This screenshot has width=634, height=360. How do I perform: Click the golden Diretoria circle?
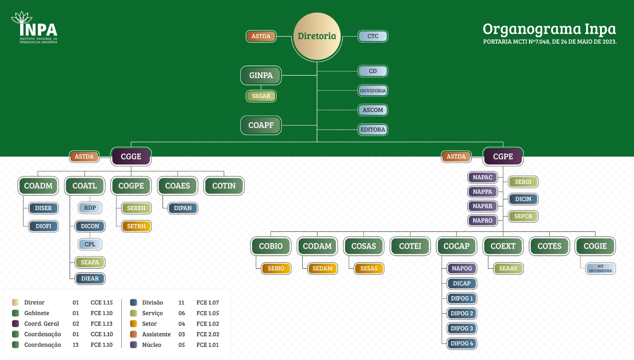317,36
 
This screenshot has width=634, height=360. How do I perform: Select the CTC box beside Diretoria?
372,36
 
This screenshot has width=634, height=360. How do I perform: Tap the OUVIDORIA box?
372,91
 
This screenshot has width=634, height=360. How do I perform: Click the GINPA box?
261,75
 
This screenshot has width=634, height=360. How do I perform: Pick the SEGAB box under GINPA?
261,96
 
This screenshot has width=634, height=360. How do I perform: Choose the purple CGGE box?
131,157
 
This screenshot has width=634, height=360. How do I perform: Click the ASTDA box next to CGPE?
456,157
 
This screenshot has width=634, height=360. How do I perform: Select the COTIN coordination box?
224,186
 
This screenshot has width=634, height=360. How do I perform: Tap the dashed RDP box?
90,208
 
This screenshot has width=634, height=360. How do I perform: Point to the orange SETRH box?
136,226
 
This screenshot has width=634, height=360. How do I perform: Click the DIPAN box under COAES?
183,208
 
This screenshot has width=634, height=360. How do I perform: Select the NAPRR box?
482,206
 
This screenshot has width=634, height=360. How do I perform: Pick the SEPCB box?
523,216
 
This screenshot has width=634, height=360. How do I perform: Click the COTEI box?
410,246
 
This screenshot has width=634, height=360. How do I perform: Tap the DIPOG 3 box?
462,328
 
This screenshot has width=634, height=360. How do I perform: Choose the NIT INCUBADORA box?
600,268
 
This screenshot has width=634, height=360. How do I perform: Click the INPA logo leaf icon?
21,18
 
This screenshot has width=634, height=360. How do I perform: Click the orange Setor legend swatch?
134,324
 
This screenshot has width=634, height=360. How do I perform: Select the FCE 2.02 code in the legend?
208,334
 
